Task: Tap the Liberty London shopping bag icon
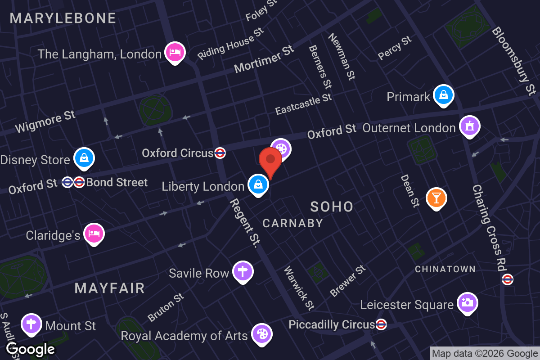click(258, 184)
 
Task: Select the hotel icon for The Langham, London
click(175, 52)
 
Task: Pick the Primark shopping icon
click(444, 95)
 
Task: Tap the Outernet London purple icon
click(470, 126)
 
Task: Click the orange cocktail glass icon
click(436, 198)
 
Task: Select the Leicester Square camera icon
click(468, 303)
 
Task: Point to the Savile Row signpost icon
click(243, 271)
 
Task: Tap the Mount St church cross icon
click(31, 324)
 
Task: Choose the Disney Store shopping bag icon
click(84, 157)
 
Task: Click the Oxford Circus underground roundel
click(220, 153)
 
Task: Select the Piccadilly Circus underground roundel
click(381, 324)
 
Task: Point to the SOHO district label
click(332, 207)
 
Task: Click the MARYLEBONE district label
click(63, 18)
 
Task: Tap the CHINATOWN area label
click(445, 269)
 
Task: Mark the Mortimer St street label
click(264, 59)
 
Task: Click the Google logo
click(31, 349)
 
